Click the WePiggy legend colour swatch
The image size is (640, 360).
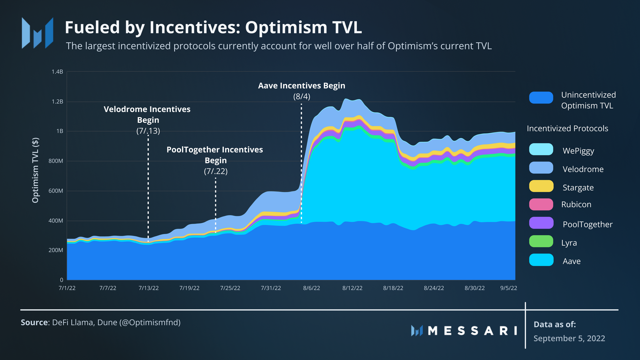click(541, 149)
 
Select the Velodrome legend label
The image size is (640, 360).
click(583, 169)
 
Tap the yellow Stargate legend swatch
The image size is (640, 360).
click(541, 186)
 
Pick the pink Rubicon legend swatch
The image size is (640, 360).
click(541, 204)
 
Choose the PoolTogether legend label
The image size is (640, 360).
click(587, 224)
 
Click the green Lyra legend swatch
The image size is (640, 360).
click(541, 241)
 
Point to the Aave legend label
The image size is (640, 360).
click(571, 261)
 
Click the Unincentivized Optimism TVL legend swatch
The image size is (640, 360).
click(541, 98)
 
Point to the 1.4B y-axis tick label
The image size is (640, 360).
click(57, 72)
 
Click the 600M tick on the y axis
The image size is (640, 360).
click(56, 191)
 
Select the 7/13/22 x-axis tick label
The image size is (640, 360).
click(148, 288)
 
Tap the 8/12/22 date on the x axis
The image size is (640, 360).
click(352, 288)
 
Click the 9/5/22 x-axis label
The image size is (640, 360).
click(509, 288)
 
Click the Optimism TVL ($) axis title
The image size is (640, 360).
click(35, 170)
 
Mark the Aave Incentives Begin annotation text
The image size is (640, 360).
click(301, 86)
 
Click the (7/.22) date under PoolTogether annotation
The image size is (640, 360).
click(216, 171)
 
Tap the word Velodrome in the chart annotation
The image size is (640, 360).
click(121, 109)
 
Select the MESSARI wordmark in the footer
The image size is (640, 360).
click(472, 331)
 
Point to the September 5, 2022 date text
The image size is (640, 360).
click(569, 338)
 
